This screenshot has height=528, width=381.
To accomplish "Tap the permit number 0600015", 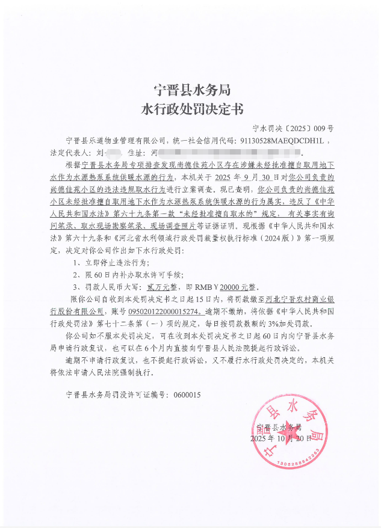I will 187,395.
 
